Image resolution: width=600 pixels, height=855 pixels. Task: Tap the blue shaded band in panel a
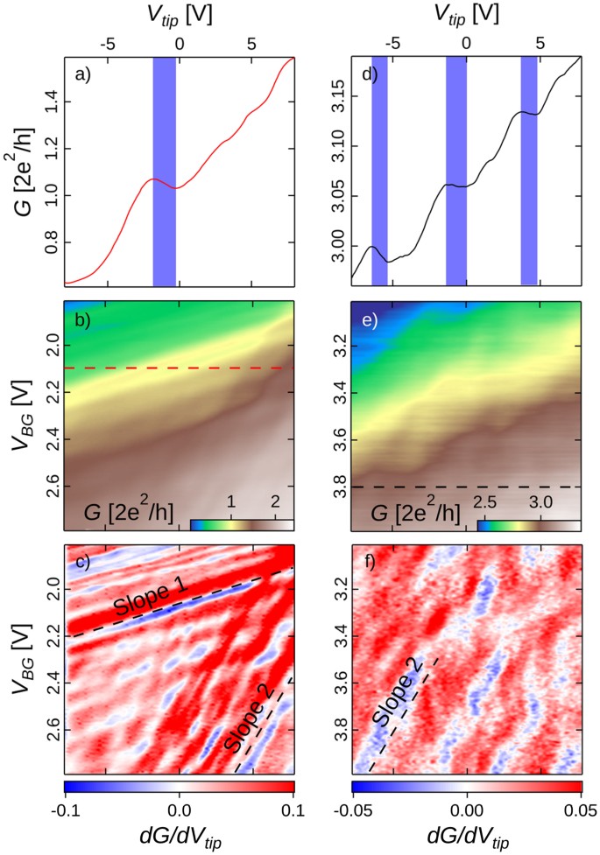tap(164, 171)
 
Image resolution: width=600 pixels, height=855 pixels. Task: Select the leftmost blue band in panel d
tap(378, 171)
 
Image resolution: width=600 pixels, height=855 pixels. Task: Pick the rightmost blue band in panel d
tap(529, 171)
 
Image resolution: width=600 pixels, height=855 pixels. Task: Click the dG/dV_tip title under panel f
tap(467, 836)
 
